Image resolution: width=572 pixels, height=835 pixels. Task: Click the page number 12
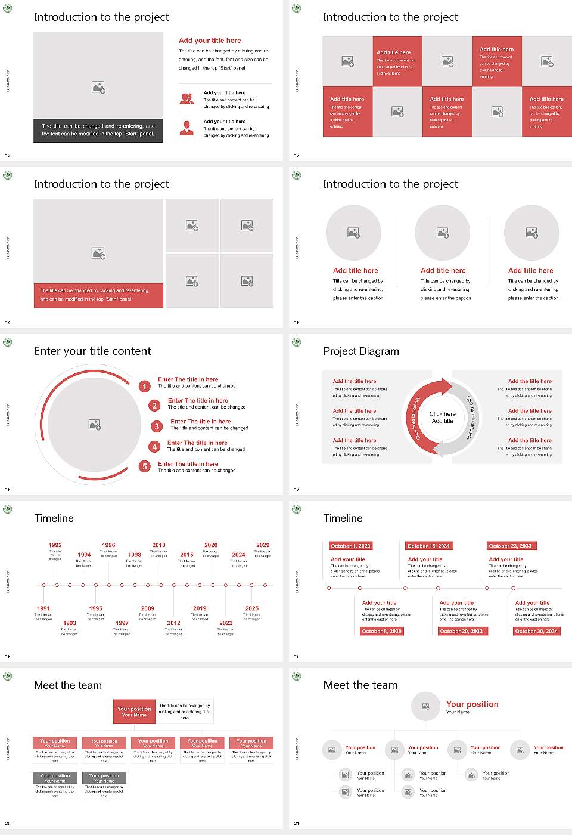(x=8, y=156)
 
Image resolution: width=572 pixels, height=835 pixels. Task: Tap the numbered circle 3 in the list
(x=157, y=426)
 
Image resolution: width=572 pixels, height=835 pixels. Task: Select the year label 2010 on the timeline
(x=158, y=545)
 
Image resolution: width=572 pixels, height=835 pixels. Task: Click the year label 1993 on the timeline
(x=70, y=623)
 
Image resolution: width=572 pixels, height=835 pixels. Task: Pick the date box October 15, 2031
(x=428, y=546)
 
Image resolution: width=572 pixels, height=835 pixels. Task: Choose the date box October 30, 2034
(x=536, y=631)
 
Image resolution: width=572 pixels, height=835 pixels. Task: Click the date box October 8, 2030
(x=381, y=631)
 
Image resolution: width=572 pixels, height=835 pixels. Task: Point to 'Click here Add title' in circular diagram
(x=442, y=417)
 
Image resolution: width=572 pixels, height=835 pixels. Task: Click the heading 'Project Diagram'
(x=361, y=351)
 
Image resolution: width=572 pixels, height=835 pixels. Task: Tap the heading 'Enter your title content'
(x=92, y=351)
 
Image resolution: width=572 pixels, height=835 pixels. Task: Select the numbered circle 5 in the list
(x=144, y=466)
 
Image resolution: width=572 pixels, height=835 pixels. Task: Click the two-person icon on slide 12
(x=186, y=99)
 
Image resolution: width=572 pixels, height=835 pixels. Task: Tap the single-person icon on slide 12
(x=186, y=128)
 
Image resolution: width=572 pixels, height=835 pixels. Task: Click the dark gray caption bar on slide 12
(x=98, y=130)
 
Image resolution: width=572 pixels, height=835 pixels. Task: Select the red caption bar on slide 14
(x=98, y=295)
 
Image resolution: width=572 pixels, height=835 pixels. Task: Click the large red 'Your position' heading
(x=472, y=704)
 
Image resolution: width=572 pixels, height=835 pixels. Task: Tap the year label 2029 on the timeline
(x=263, y=545)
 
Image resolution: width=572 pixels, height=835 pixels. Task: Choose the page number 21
(x=297, y=824)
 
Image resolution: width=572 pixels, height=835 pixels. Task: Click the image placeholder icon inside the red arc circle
(x=94, y=424)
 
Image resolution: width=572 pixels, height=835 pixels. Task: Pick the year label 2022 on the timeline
(x=226, y=623)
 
